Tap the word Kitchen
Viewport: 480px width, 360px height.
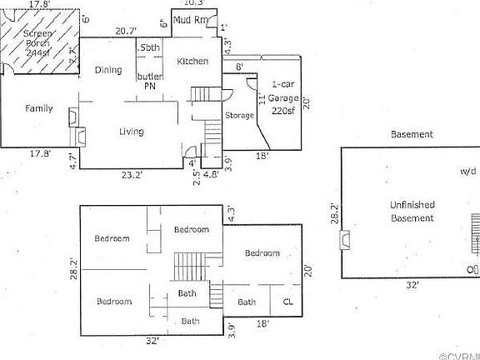click(192, 61)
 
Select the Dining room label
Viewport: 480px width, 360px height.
click(108, 71)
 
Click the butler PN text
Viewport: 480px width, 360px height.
click(150, 80)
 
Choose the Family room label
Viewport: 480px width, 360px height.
click(39, 108)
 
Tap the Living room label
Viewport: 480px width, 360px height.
click(131, 132)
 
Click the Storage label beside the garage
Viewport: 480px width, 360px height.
click(239, 115)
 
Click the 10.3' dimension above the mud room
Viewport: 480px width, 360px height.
click(192, 4)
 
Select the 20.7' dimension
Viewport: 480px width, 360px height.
click(126, 31)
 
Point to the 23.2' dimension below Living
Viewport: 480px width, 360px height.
click(132, 176)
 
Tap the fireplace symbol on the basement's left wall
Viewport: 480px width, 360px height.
click(344, 241)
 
